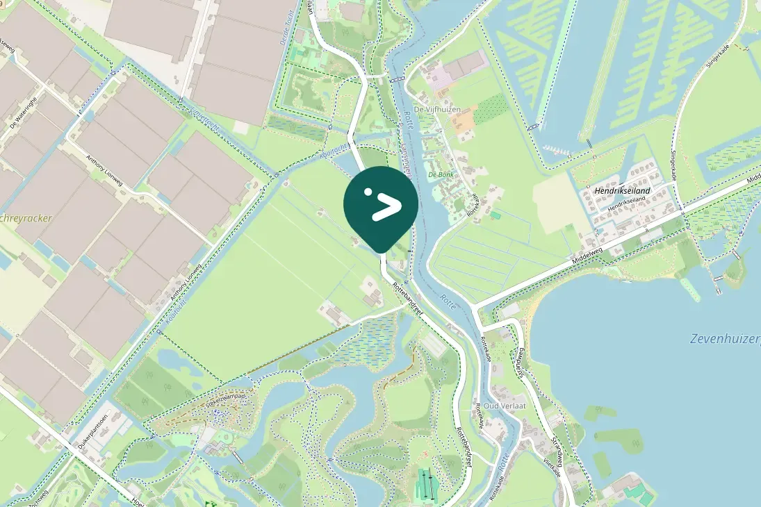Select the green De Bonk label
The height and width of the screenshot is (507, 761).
[x=441, y=174]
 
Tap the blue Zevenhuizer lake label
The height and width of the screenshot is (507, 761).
[x=725, y=339]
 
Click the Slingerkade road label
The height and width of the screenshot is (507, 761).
[x=673, y=165]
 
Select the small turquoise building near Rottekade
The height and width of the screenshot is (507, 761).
[x=495, y=215]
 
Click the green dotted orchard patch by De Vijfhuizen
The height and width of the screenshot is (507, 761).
[x=491, y=108]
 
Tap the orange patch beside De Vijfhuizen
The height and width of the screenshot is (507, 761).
[x=464, y=119]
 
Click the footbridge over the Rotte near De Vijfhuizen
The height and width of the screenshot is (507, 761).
[x=397, y=80]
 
